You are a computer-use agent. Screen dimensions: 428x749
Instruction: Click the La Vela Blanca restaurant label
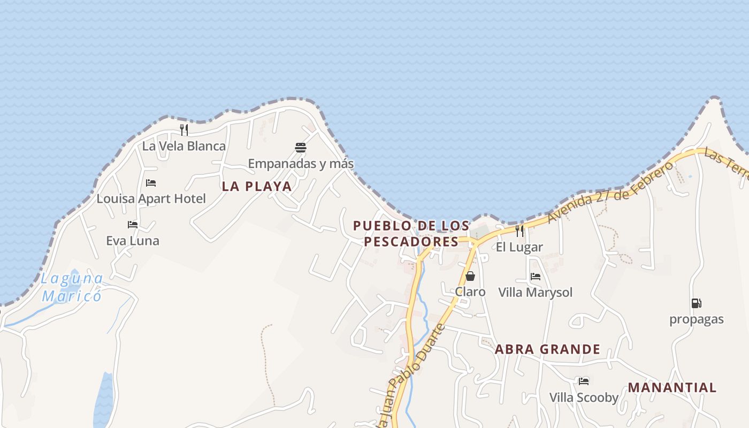point(184,146)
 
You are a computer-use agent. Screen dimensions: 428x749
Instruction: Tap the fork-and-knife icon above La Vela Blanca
point(184,129)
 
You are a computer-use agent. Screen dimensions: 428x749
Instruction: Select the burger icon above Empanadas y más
point(301,147)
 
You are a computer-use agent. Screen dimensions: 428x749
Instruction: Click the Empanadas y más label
point(301,163)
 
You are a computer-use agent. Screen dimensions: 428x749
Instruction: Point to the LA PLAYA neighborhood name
point(257,186)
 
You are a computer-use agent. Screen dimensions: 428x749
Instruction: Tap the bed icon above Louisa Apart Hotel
point(151,183)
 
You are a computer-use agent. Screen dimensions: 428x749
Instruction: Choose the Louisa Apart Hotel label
point(151,199)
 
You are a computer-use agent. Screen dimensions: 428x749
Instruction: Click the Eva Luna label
point(133,241)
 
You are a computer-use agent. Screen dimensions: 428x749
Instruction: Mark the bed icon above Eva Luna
point(133,225)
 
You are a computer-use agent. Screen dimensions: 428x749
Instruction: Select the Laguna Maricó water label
point(72,287)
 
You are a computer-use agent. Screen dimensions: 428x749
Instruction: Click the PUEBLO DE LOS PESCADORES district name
point(411,234)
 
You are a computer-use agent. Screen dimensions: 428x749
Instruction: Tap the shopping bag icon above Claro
point(470,276)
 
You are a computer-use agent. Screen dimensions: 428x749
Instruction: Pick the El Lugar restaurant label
point(519,247)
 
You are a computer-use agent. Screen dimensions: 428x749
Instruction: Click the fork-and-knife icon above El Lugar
point(519,231)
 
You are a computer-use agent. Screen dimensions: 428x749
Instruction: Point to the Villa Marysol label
point(535,293)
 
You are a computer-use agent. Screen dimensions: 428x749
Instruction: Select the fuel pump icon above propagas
point(696,303)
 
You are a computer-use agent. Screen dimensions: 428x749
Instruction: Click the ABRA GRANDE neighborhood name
point(547,349)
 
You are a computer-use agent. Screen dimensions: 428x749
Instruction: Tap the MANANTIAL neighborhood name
point(672,387)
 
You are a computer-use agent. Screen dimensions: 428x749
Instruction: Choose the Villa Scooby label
point(584,398)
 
